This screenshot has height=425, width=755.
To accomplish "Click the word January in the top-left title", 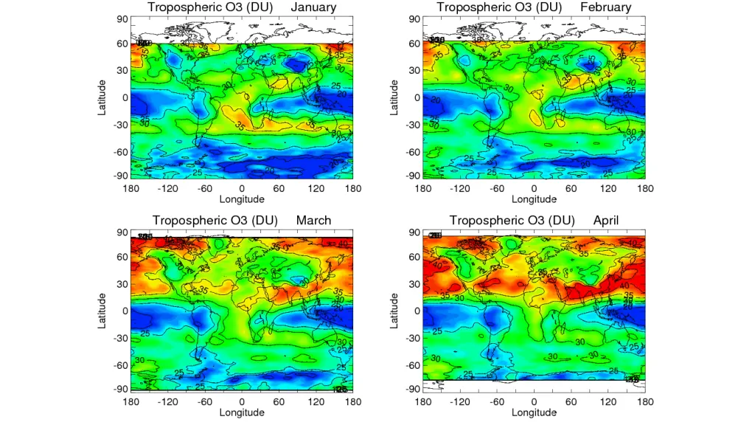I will click(x=313, y=7).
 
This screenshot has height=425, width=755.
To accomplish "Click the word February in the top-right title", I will click(x=606, y=7).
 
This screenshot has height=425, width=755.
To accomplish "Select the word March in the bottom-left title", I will click(x=313, y=220).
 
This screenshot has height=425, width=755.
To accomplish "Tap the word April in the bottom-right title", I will click(x=606, y=220).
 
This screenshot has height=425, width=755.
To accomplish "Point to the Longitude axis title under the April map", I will click(x=535, y=412).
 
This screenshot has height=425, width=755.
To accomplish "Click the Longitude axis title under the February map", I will click(x=535, y=198).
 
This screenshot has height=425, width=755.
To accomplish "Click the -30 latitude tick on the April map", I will click(x=412, y=338).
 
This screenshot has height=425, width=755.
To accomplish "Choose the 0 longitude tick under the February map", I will click(x=535, y=188).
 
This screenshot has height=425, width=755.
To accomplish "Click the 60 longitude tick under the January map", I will click(x=279, y=188).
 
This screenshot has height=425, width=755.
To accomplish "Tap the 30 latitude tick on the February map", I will click(x=415, y=70).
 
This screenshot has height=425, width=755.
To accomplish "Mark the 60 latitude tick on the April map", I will click(x=415, y=257).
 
